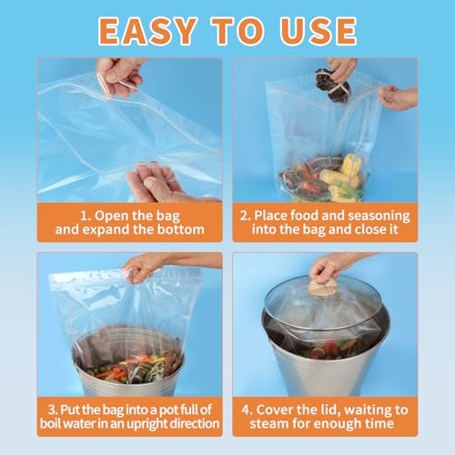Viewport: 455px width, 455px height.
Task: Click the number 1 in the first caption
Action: (83, 217)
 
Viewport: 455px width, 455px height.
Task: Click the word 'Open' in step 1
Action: (113, 217)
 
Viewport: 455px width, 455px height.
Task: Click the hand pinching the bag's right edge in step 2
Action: (398, 96)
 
